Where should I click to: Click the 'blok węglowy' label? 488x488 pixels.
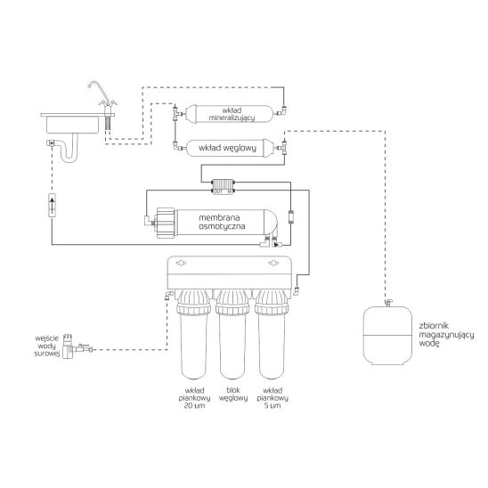coord(234,394)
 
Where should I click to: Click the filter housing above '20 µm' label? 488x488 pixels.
coord(195,343)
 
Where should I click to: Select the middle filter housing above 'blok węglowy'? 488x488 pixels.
coord(234,343)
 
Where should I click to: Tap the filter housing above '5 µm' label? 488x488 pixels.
coord(272,343)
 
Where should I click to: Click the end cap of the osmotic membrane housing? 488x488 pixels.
coord(166,222)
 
